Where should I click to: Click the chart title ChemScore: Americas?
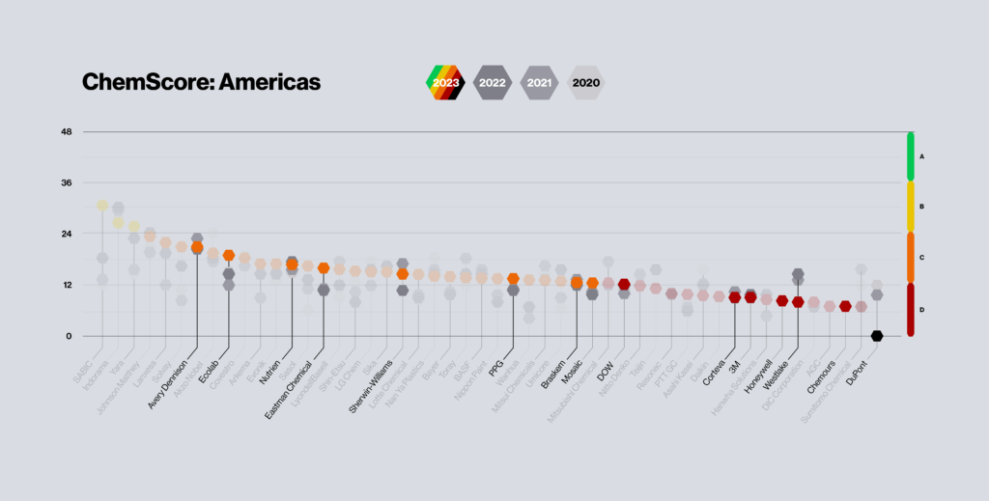(x=201, y=83)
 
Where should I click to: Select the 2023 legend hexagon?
(x=446, y=83)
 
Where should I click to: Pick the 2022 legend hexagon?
(x=493, y=83)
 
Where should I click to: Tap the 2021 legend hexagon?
(x=539, y=83)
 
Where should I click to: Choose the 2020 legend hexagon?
(x=585, y=83)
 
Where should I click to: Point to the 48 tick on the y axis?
(x=68, y=131)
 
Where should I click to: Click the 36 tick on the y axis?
(x=68, y=182)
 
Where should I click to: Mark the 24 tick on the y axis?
(x=68, y=234)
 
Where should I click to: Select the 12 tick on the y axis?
(x=68, y=285)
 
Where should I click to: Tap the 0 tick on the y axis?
(x=71, y=336)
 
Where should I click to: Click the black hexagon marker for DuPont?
(x=876, y=336)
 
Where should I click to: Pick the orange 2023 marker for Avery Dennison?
(x=197, y=247)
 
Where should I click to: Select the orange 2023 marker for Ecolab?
(x=229, y=256)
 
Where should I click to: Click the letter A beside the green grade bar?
(x=922, y=155)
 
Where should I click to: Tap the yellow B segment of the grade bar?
(x=911, y=206)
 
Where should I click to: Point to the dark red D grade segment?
(x=911, y=309)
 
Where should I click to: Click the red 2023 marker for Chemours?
(x=845, y=306)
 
